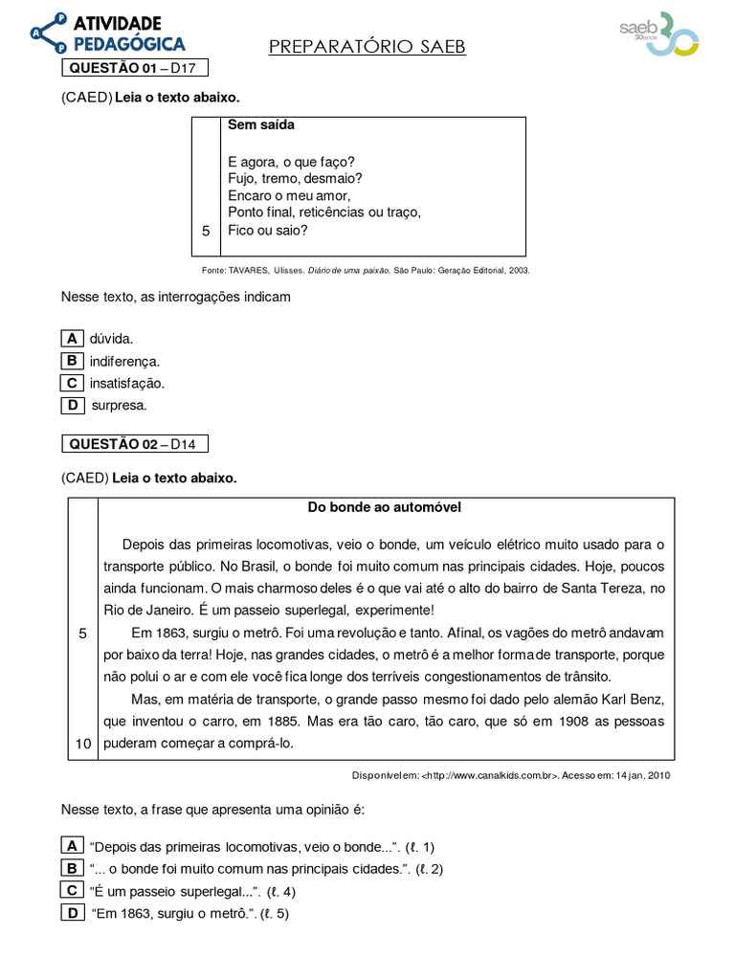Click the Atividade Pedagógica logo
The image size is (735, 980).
pyautogui.click(x=107, y=33)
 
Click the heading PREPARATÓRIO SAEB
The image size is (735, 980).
pyautogui.click(x=367, y=47)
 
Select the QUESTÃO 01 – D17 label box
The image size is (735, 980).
pyautogui.click(x=135, y=68)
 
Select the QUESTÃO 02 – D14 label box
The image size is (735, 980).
pyautogui.click(x=135, y=444)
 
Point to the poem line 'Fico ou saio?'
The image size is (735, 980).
pyautogui.click(x=268, y=230)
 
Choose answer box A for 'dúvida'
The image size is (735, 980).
pyautogui.click(x=72, y=338)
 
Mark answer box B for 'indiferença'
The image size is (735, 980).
pyautogui.click(x=72, y=361)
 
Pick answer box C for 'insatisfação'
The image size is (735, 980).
pyautogui.click(x=72, y=383)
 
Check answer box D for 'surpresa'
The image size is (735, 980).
pyautogui.click(x=72, y=405)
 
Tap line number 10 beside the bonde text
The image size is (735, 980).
pyautogui.click(x=82, y=744)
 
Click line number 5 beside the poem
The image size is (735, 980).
pyautogui.click(x=205, y=231)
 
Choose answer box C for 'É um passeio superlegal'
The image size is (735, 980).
pyautogui.click(x=72, y=890)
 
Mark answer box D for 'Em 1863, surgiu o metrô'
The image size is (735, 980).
pyautogui.click(x=72, y=913)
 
